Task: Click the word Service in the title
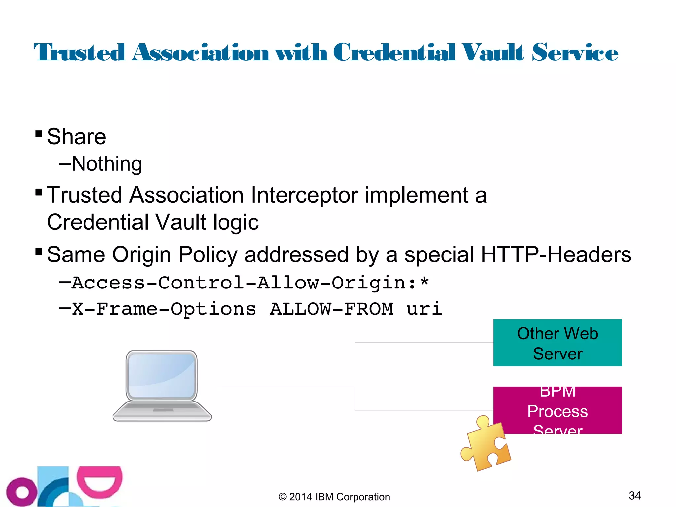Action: [x=575, y=53]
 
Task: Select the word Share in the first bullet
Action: [x=76, y=137]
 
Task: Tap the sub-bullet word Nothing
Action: [x=107, y=164]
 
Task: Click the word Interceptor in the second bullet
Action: [x=304, y=195]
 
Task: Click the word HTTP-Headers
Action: [x=556, y=254]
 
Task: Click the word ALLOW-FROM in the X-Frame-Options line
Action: [x=331, y=309]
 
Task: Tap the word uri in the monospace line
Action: [x=424, y=309]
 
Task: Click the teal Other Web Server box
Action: [x=557, y=343]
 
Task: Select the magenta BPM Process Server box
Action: [x=557, y=410]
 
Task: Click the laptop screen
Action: [x=162, y=375]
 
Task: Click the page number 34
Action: [x=634, y=495]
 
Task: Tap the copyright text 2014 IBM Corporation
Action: [x=334, y=497]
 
